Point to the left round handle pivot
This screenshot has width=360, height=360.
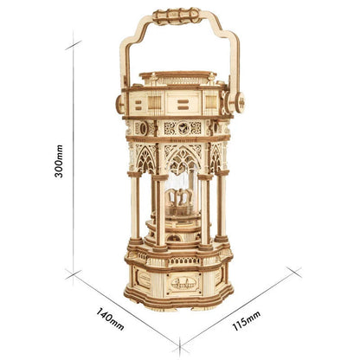coord(119,103)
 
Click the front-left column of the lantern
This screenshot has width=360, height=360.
coord(159,212)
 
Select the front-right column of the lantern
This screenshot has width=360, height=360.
coord(205,212)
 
